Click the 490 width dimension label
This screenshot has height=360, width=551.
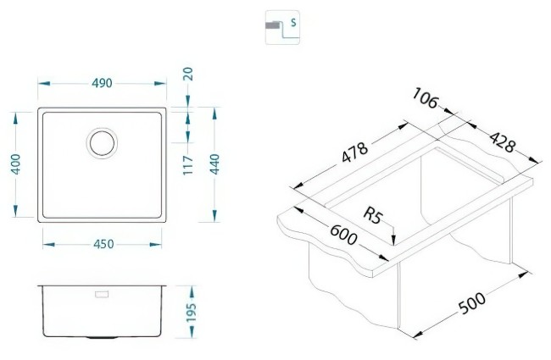pos(102,83)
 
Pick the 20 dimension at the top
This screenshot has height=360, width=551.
pos(189,77)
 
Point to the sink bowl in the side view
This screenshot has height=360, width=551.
pos(103,313)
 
